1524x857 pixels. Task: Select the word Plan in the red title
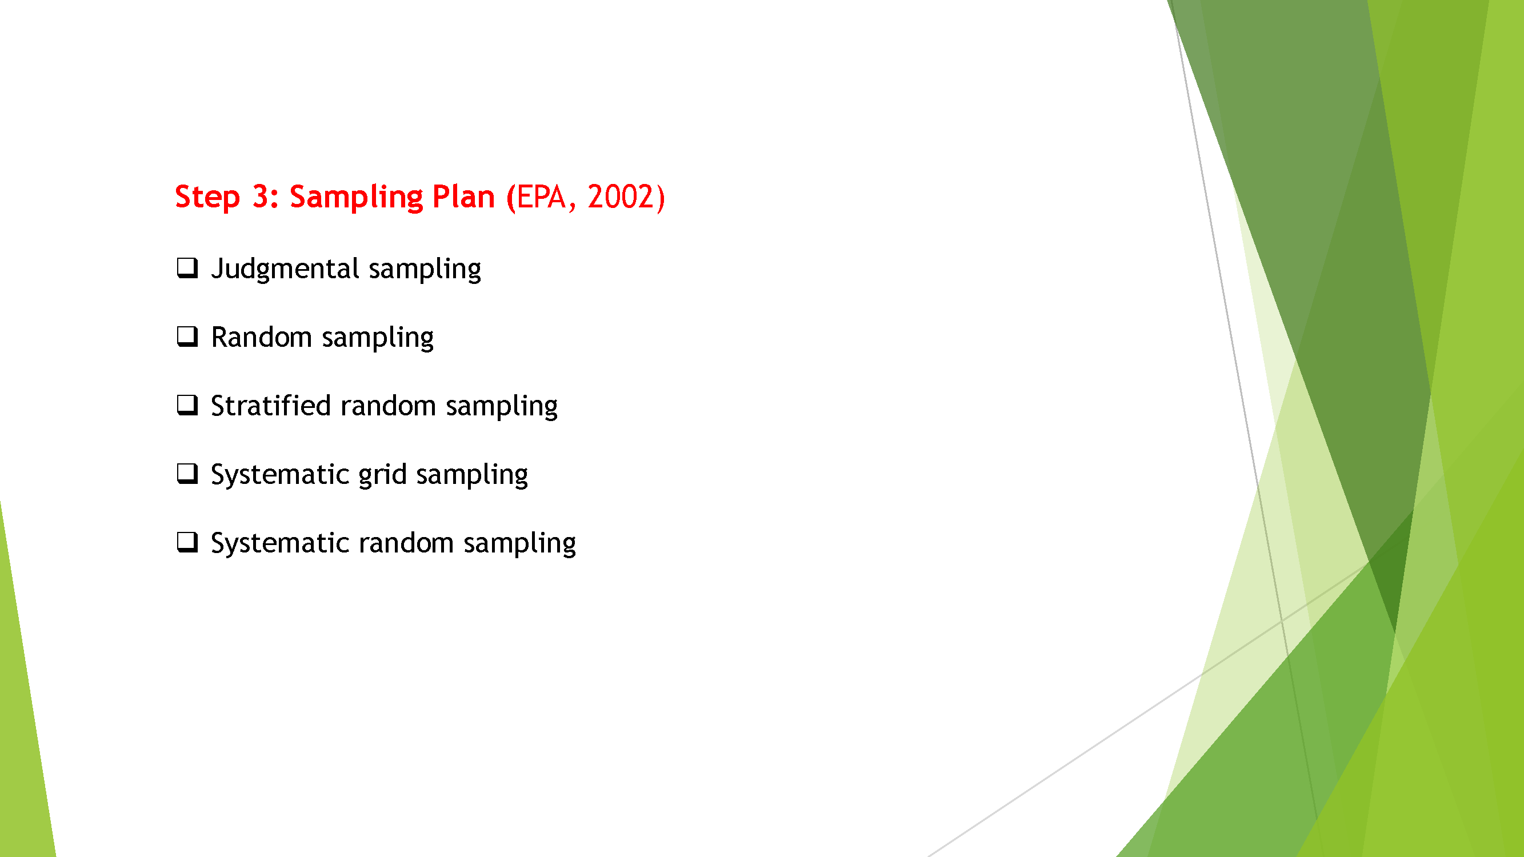pyautogui.click(x=463, y=197)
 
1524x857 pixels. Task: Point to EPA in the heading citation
pyautogui.click(x=541, y=197)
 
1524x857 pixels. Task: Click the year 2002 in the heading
pyautogui.click(x=620, y=197)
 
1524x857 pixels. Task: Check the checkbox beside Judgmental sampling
pyautogui.click(x=187, y=268)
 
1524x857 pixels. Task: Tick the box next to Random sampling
pyautogui.click(x=187, y=337)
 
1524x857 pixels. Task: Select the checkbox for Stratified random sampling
pyautogui.click(x=187, y=405)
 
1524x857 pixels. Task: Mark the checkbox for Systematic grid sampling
pyautogui.click(x=187, y=474)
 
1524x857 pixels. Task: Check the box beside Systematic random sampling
pyautogui.click(x=187, y=542)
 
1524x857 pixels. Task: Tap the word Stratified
pyautogui.click(x=270, y=406)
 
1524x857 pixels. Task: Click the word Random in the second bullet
pyautogui.click(x=262, y=337)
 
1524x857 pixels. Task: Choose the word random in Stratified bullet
pyautogui.click(x=388, y=406)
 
